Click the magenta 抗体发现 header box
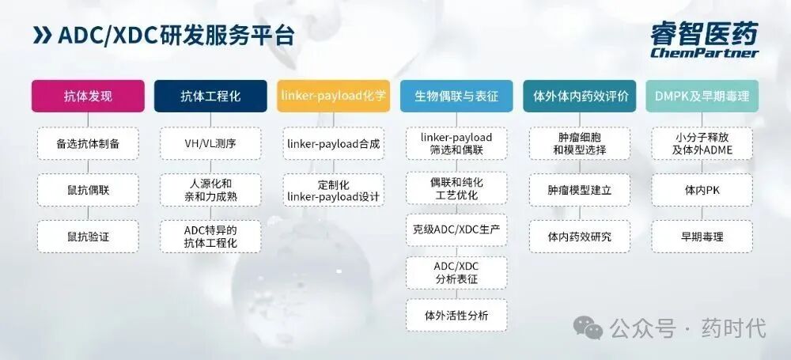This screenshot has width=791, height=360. pos(88,97)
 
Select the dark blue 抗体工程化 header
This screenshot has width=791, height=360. pos(210,97)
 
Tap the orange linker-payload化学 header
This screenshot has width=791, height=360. pos(333,97)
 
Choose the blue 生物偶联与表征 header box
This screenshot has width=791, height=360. pos(456,97)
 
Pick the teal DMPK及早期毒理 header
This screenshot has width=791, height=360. pos(702,97)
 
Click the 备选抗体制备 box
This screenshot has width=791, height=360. pos(88,144)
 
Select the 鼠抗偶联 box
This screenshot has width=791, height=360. pos(88,190)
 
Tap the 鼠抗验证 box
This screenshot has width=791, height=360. pos(88,236)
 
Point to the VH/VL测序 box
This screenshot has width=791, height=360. pos(210,144)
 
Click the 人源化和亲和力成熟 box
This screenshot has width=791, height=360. pos(210,190)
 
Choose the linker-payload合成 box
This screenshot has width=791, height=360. pos(333,144)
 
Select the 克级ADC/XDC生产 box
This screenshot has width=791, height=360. pos(456,229)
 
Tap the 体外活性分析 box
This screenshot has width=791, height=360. pos(456,315)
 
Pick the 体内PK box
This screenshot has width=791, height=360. pos(702,190)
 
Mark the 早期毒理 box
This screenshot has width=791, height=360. pos(702,236)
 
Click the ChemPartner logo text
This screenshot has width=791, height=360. pos(704,53)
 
